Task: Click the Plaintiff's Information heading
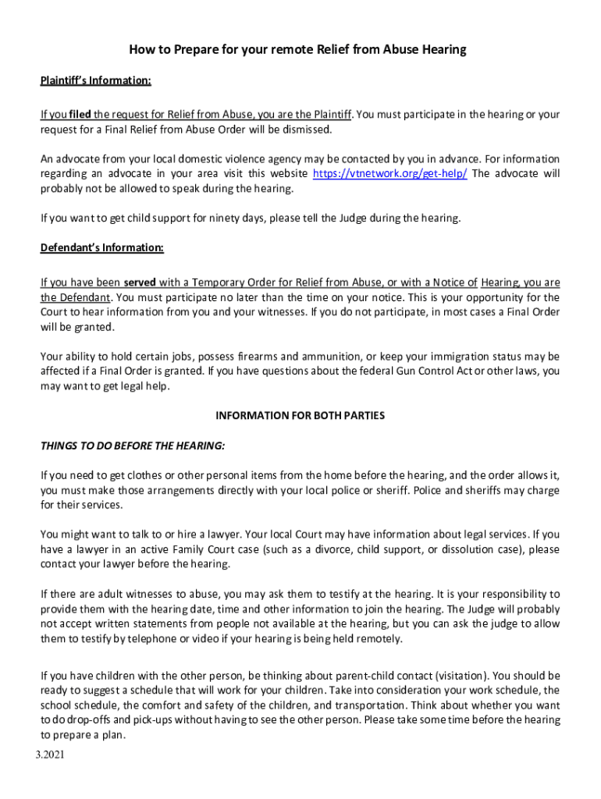(96, 80)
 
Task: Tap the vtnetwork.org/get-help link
(389, 174)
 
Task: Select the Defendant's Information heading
(102, 248)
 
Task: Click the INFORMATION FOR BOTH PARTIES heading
(300, 416)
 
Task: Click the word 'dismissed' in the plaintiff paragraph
(306, 129)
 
